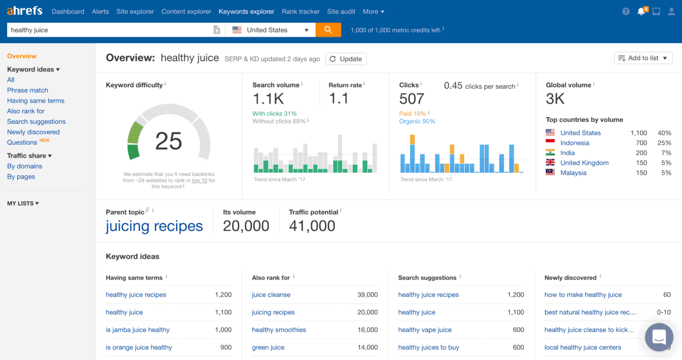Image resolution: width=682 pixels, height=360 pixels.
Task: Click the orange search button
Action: [328, 30]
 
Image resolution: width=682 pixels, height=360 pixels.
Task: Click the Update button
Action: [346, 59]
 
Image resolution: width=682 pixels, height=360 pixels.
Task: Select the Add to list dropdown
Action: [643, 58]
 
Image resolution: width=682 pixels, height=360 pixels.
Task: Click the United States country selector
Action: [270, 30]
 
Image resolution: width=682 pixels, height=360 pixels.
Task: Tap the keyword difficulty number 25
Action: [169, 141]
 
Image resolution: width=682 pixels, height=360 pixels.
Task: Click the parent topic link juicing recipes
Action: [154, 226]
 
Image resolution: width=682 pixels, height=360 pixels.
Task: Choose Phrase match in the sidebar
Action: [28, 90]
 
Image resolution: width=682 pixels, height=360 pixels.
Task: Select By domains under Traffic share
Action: [24, 166]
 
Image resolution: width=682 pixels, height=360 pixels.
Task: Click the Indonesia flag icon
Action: [550, 143]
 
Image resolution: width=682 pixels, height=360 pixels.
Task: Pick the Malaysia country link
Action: [573, 173]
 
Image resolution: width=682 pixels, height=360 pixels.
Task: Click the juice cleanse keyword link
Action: [271, 295]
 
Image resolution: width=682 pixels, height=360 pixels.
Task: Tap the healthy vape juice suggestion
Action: [425, 330]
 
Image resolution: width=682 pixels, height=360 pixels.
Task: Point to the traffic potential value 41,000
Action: [312, 226]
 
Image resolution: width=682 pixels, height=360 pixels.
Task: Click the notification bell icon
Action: [641, 12]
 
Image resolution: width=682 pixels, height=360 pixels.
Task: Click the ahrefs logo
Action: [24, 11]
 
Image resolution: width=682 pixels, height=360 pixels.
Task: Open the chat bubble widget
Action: [659, 337]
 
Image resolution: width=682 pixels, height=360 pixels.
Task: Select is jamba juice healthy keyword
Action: [137, 330]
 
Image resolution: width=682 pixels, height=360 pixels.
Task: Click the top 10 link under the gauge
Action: [199, 180]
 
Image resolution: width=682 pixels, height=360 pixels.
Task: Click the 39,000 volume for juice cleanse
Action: [367, 295]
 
